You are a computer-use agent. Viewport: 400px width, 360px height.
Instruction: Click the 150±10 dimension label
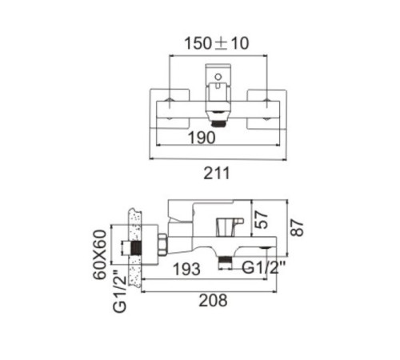click(217, 43)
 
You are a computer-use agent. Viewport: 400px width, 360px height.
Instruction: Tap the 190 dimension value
click(202, 138)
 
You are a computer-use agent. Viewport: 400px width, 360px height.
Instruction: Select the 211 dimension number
click(217, 174)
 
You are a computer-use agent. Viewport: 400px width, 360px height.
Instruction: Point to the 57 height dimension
click(261, 219)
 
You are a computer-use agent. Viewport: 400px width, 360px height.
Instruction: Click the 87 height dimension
click(297, 227)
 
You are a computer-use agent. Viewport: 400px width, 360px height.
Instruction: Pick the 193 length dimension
click(186, 269)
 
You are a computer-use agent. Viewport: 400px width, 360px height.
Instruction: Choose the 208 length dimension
click(213, 301)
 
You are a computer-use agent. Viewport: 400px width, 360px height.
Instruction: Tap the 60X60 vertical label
click(100, 254)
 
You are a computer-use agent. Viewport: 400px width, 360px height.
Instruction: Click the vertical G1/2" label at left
click(119, 291)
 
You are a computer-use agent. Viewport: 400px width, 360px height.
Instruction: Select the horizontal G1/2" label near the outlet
click(264, 267)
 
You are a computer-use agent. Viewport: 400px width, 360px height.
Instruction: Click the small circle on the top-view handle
click(218, 77)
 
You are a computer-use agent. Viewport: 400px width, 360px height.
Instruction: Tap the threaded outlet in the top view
click(218, 124)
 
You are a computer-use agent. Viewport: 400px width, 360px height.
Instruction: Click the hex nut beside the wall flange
click(163, 246)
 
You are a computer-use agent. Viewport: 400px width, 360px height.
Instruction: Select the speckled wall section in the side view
click(134, 248)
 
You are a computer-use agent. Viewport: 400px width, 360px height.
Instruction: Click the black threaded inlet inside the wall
click(136, 248)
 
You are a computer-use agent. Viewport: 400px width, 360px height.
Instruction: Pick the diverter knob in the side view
click(230, 227)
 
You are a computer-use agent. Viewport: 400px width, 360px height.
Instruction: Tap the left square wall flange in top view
click(170, 110)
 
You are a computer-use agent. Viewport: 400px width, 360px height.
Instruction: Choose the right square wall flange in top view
click(267, 110)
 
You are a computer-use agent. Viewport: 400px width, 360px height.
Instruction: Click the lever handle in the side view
click(202, 210)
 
